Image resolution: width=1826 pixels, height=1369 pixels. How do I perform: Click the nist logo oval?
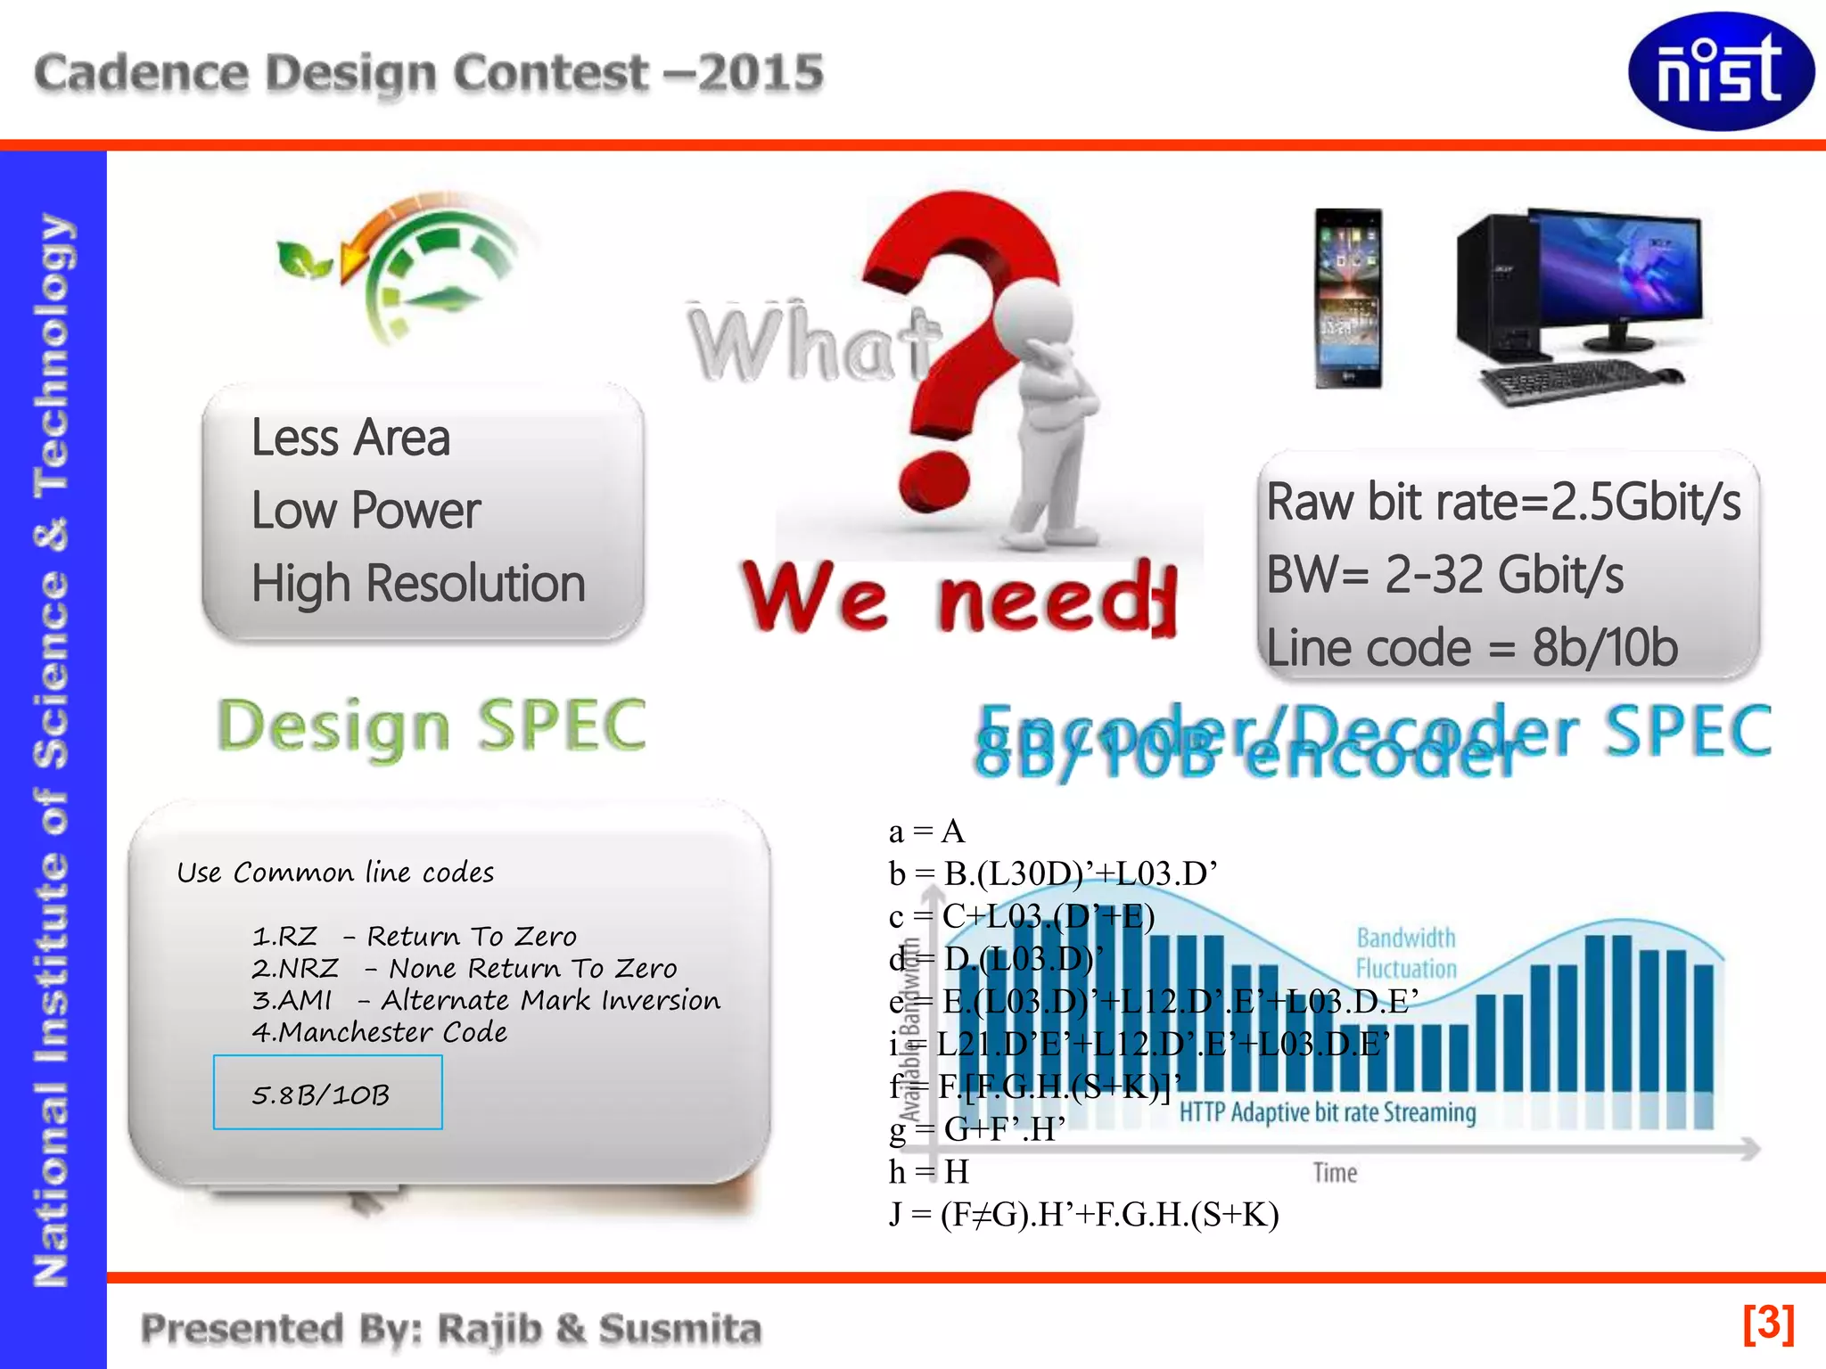point(1720,71)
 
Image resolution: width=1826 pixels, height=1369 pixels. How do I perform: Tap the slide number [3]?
point(1768,1324)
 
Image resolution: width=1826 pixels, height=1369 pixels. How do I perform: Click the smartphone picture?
point(1348,299)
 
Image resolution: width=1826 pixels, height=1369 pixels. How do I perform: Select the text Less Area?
point(350,439)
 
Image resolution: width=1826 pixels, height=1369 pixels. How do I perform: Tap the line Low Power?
point(366,511)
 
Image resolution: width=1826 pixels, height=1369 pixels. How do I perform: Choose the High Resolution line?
point(418,584)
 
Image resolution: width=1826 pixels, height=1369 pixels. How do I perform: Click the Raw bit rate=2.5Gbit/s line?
point(1503,502)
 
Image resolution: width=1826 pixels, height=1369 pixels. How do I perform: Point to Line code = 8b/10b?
point(1472,648)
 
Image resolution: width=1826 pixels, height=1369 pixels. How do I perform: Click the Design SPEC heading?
point(432,725)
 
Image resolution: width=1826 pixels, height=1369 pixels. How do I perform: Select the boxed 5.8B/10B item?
point(327,1093)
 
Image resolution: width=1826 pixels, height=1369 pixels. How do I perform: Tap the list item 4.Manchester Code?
point(380,1032)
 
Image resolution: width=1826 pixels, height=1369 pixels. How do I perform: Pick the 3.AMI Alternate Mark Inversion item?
point(486,1000)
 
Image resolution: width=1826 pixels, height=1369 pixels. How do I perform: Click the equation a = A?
point(926,832)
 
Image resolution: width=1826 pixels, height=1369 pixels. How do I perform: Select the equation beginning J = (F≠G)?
point(1083,1215)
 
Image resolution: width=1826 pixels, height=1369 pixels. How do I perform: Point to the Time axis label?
point(1335,1173)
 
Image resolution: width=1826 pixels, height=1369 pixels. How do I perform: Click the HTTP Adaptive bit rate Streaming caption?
point(1327,1112)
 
